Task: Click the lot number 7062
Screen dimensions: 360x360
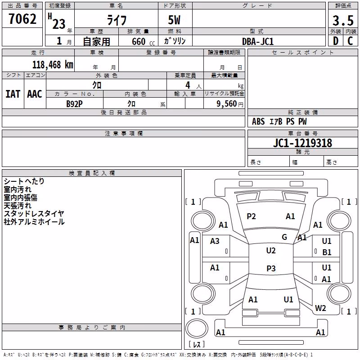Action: click(22, 19)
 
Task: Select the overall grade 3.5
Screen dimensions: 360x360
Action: click(343, 21)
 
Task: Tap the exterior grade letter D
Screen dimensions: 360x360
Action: click(336, 41)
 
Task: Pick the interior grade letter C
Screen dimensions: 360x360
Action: click(350, 41)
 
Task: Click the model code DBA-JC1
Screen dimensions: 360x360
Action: click(258, 41)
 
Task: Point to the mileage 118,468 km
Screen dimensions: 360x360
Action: click(53, 65)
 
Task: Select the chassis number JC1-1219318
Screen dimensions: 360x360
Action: click(302, 143)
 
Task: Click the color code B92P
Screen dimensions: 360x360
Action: click(74, 104)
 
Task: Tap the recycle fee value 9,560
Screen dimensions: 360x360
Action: click(227, 104)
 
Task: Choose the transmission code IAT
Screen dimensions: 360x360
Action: click(13, 94)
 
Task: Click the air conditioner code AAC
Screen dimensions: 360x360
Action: click(35, 94)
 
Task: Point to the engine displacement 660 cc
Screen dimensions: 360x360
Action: click(143, 42)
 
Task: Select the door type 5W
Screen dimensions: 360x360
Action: click(174, 20)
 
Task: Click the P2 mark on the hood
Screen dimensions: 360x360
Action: click(251, 216)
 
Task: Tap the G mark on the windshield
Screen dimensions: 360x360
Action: click(284, 237)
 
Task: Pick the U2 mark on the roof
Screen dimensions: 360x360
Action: click(271, 250)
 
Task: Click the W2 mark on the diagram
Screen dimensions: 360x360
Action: click(320, 308)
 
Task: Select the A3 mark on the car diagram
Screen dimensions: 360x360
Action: click(215, 241)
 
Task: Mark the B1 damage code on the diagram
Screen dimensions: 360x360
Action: click(327, 252)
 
